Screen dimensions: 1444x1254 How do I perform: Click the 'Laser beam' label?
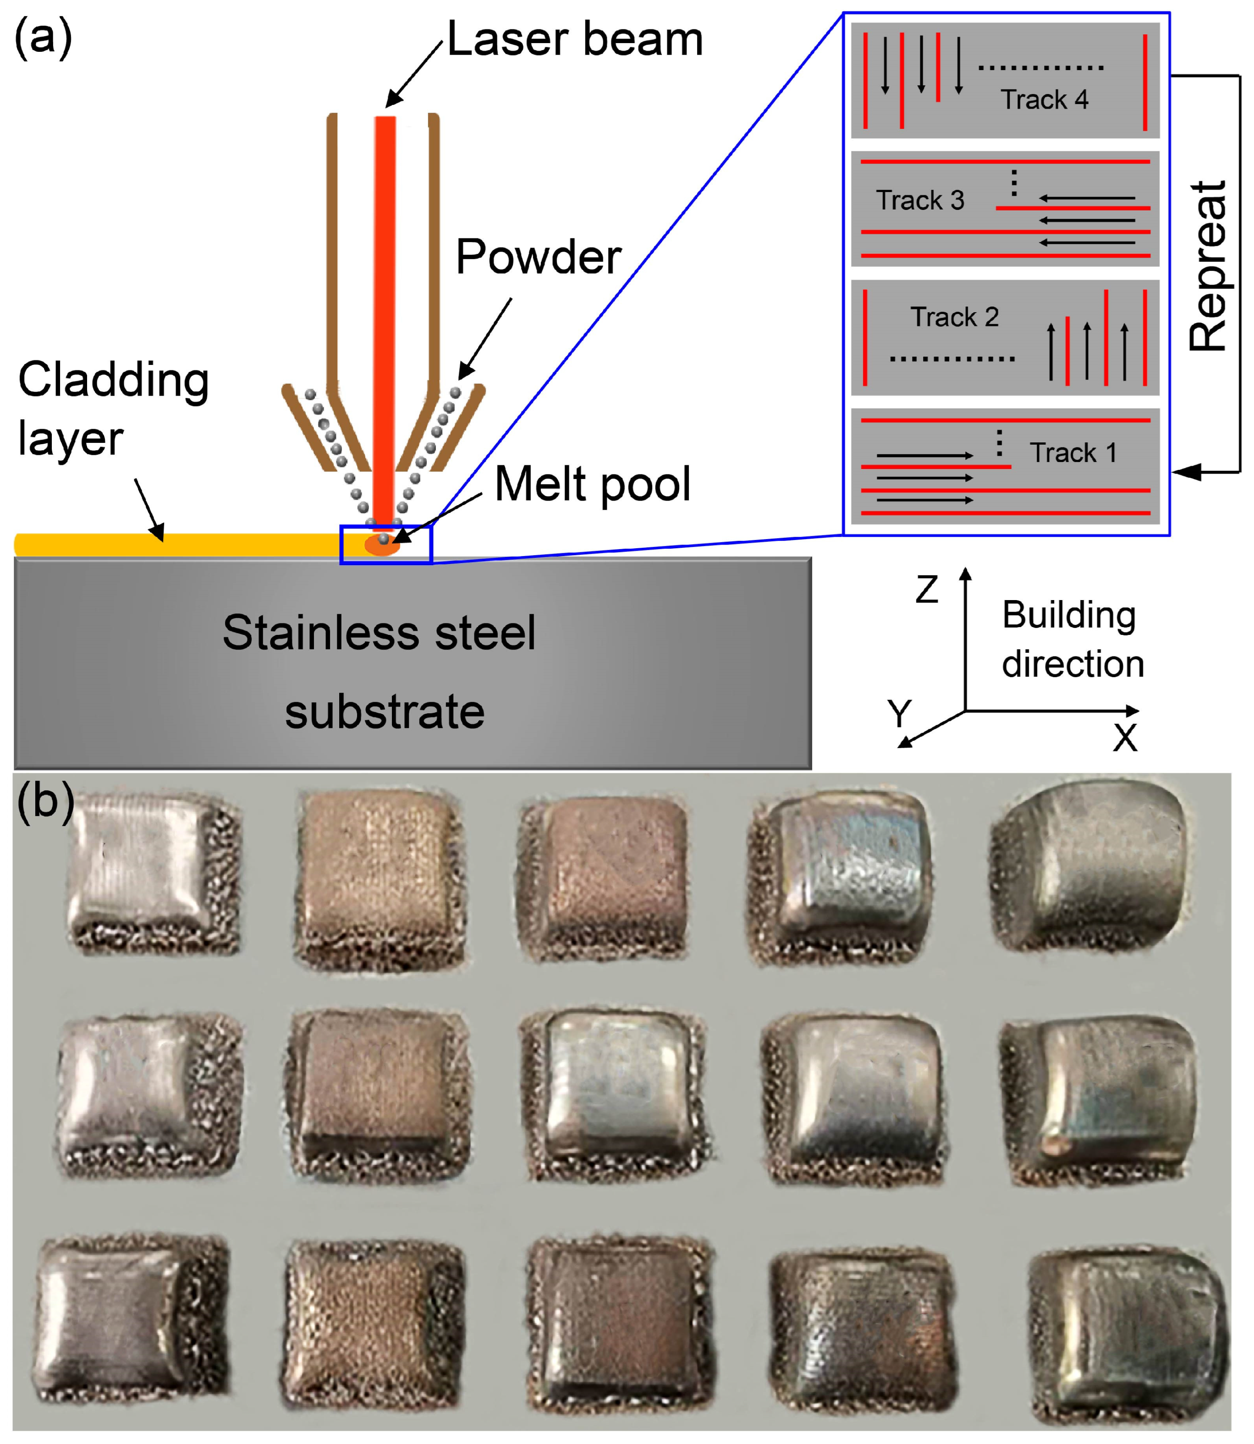tap(574, 39)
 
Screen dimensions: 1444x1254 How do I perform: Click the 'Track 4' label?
tap(1044, 99)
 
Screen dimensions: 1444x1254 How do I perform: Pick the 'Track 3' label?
tap(920, 200)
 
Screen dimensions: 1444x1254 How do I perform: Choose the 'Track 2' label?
tap(955, 317)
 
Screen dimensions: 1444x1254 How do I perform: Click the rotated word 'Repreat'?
tap(1209, 266)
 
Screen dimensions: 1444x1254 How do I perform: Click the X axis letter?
tap(1125, 737)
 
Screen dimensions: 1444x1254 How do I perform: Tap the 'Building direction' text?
tap(1072, 639)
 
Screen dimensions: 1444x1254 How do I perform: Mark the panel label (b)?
tap(45, 800)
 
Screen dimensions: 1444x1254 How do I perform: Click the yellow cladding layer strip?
tap(175, 545)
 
